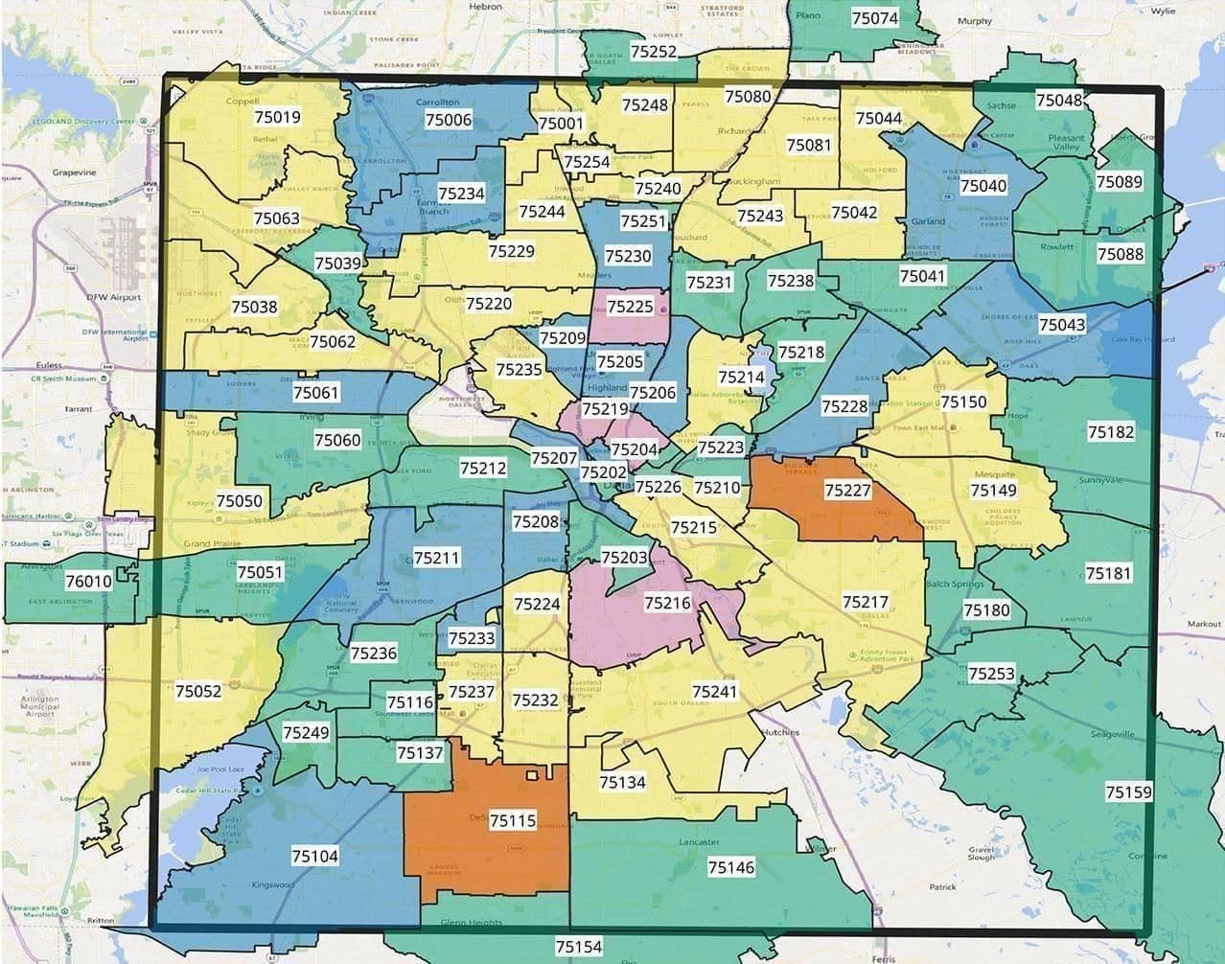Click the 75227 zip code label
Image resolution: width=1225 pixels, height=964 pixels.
click(847, 491)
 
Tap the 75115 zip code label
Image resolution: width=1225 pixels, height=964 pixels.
click(512, 820)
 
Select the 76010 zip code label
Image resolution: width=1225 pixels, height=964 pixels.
click(88, 581)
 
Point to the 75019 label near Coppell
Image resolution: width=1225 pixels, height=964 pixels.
click(277, 118)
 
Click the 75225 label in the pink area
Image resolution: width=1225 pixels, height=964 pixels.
click(630, 307)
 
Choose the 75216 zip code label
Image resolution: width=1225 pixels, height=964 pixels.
click(667, 603)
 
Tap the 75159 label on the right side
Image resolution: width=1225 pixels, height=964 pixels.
click(1128, 792)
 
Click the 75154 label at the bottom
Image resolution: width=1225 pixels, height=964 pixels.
click(579, 947)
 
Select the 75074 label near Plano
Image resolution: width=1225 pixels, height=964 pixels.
click(874, 18)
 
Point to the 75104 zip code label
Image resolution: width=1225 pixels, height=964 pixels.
click(314, 856)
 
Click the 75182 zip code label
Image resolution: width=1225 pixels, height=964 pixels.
click(1111, 432)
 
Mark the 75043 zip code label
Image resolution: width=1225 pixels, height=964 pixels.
click(1062, 325)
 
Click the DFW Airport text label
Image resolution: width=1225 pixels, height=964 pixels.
click(114, 297)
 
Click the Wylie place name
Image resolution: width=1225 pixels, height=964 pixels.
click(1163, 11)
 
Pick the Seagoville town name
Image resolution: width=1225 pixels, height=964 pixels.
click(1112, 734)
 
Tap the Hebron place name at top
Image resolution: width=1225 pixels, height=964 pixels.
click(485, 6)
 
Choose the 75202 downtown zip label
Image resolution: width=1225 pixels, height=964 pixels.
click(603, 472)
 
